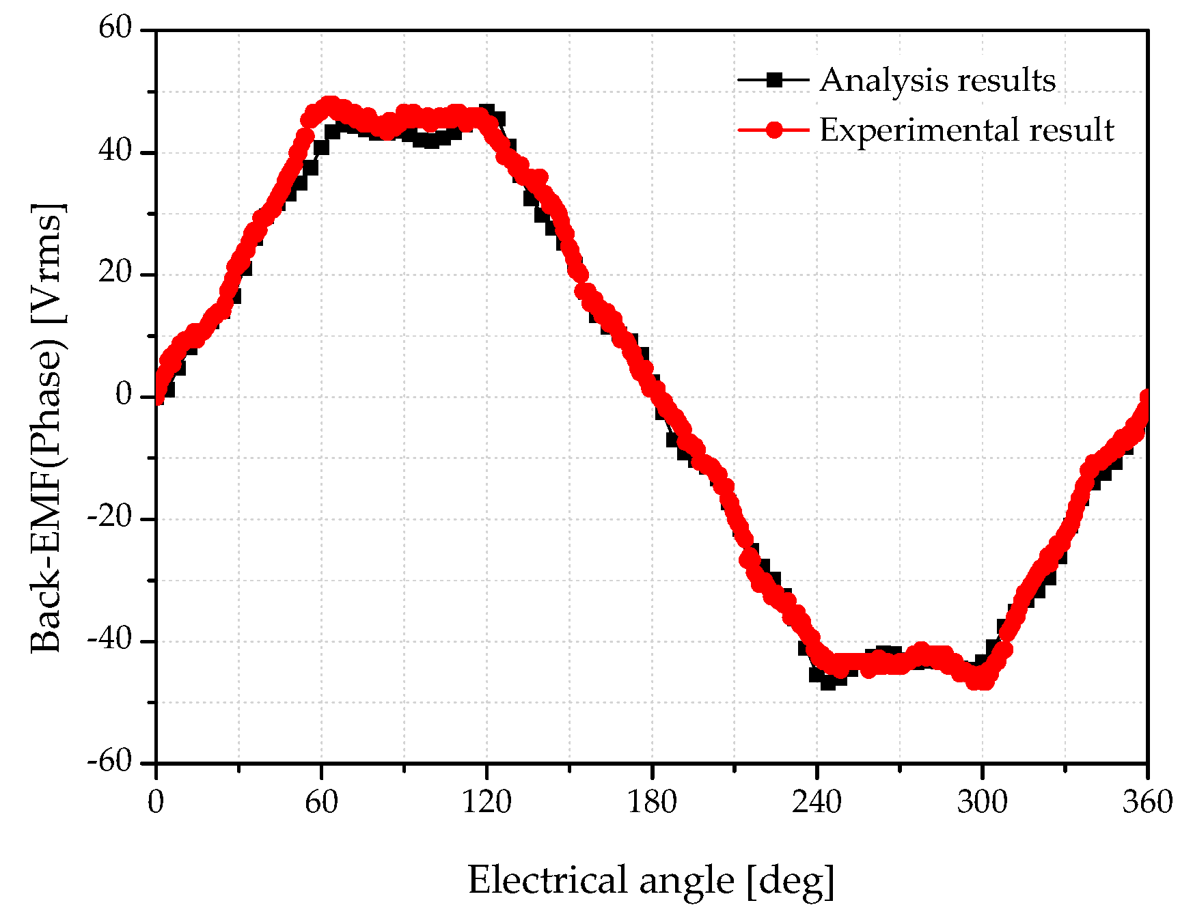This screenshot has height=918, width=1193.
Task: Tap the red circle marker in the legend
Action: (x=773, y=130)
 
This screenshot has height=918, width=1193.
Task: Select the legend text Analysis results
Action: (x=937, y=81)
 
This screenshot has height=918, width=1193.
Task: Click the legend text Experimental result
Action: (x=967, y=130)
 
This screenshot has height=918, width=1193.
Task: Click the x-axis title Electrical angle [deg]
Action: (x=651, y=880)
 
